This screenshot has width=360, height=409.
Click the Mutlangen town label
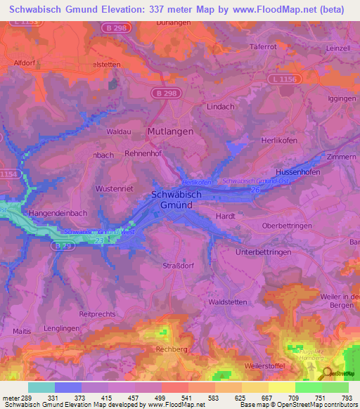pyautogui.click(x=169, y=131)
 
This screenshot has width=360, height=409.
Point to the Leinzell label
pyautogui.click(x=338, y=48)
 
